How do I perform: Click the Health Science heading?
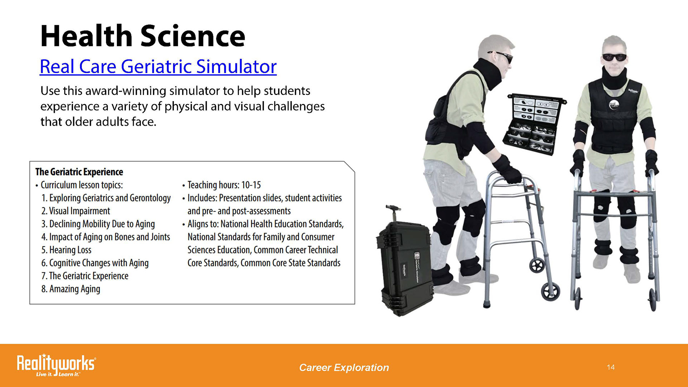click(143, 36)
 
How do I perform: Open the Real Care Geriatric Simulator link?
click(158, 67)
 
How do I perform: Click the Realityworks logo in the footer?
click(56, 365)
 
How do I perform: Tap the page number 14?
click(611, 367)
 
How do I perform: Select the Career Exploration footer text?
click(344, 368)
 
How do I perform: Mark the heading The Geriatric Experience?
click(79, 172)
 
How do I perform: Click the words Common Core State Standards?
click(290, 263)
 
